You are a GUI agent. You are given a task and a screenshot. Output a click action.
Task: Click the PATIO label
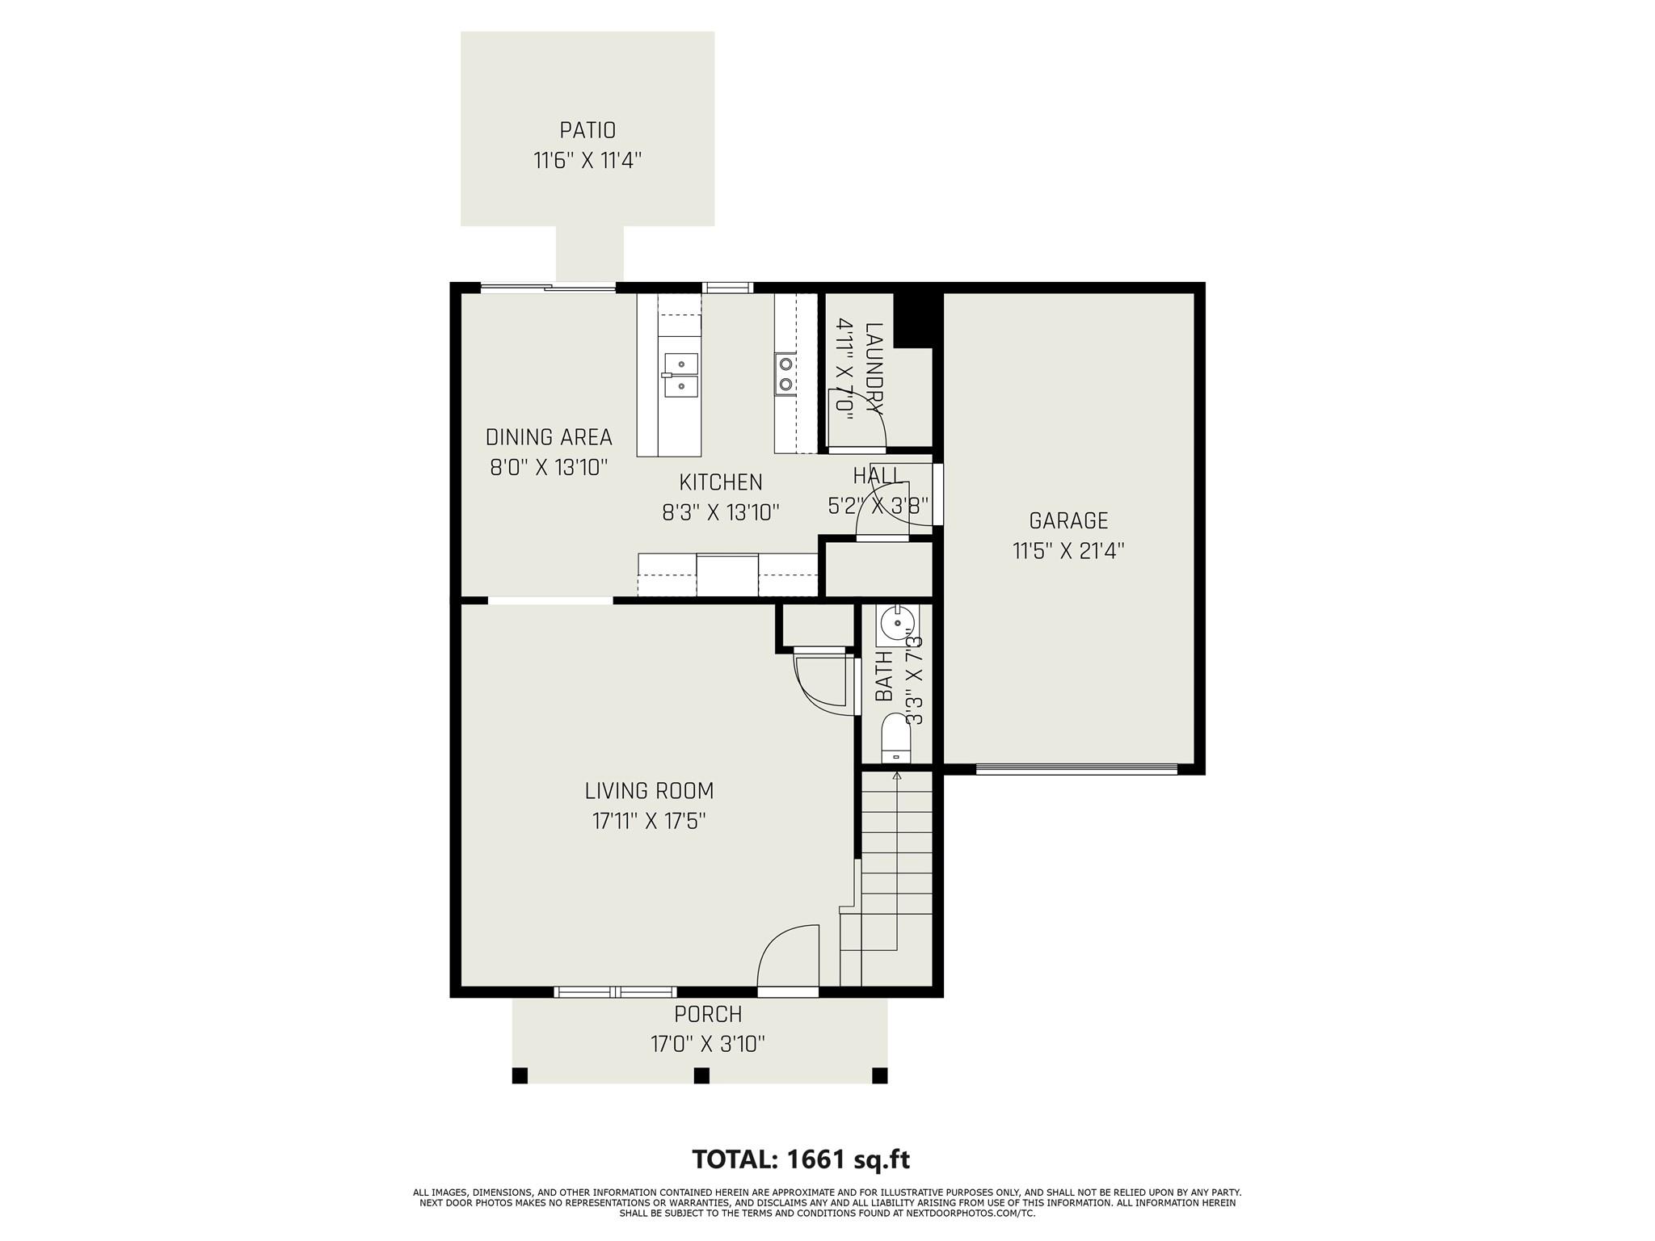587,130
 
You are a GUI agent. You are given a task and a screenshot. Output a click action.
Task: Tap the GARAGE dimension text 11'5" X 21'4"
1068,551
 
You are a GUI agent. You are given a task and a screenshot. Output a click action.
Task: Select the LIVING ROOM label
649,790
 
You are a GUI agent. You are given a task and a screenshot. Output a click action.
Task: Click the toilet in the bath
895,737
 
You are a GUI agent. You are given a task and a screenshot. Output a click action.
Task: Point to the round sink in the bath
897,625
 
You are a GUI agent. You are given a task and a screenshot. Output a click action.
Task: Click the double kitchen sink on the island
681,376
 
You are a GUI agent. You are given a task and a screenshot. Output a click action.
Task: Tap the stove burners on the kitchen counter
785,374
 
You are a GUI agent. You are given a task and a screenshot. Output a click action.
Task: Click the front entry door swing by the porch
788,957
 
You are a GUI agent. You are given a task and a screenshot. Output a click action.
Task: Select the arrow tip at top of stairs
896,776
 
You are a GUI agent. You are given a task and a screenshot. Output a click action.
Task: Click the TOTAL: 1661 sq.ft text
801,1159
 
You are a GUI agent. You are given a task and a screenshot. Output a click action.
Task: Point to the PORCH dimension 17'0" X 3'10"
708,1045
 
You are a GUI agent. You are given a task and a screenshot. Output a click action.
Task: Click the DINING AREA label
549,437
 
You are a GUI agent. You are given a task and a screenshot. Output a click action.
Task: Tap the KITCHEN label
721,482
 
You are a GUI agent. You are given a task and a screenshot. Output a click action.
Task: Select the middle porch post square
701,1075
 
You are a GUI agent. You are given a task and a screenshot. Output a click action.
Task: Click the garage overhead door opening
1076,770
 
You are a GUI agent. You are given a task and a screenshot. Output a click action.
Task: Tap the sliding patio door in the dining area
549,287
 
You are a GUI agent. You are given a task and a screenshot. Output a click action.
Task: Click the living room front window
615,991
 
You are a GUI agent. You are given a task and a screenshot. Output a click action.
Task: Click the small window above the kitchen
726,287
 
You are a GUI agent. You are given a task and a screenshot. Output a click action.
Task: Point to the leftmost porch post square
520,1075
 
